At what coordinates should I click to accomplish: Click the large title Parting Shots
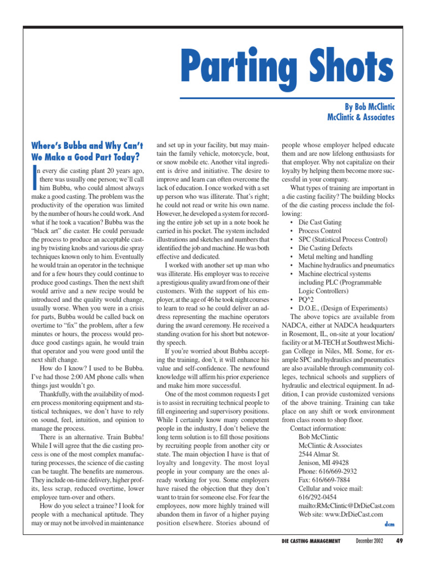coord(288,65)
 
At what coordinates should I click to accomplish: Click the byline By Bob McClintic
coord(367,106)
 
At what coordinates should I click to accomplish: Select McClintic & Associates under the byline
coord(361,117)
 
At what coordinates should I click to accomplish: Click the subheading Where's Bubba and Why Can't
coord(87,146)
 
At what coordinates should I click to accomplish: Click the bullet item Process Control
coord(319,230)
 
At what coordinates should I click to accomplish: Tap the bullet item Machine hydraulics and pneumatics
coord(346,265)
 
